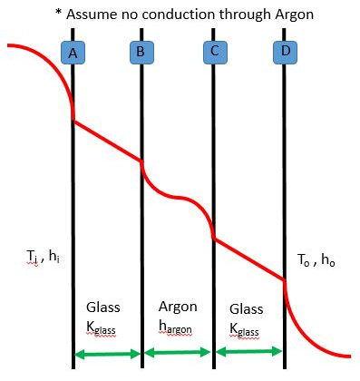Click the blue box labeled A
[x=73, y=53]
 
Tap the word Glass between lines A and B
[x=102, y=307]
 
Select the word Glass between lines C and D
[x=247, y=308]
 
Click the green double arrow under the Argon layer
[x=178, y=353]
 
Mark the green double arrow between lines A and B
[x=107, y=354]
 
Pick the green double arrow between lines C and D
[x=249, y=353]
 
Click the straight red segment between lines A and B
[x=107, y=140]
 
